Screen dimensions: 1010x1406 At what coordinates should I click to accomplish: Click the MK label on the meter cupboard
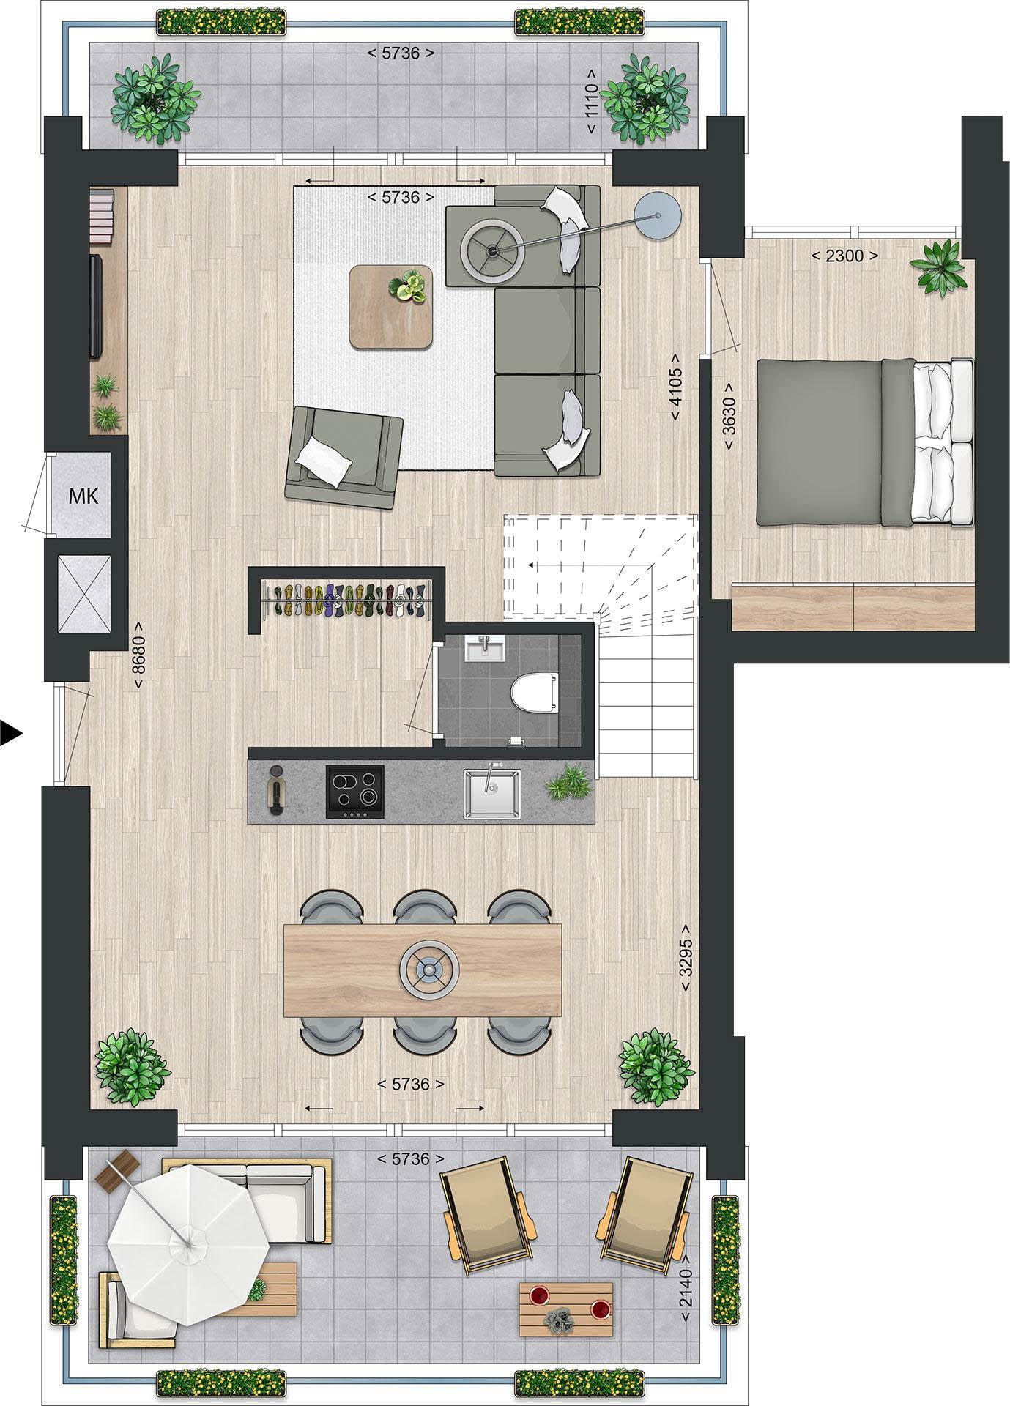pyautogui.click(x=83, y=496)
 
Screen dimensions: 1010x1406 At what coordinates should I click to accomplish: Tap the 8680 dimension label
pyautogui.click(x=139, y=655)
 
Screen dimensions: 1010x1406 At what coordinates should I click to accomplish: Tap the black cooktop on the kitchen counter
pyautogui.click(x=354, y=791)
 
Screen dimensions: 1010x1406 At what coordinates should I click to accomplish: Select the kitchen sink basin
pyautogui.click(x=491, y=794)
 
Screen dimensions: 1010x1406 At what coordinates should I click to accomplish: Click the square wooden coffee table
pyautogui.click(x=391, y=306)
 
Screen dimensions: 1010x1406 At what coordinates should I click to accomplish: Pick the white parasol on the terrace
pyautogui.click(x=187, y=1243)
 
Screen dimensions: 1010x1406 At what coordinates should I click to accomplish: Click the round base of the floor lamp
pyautogui.click(x=658, y=215)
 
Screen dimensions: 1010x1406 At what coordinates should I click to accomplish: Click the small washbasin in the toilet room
pyautogui.click(x=485, y=647)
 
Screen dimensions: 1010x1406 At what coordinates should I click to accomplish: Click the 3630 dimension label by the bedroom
pyautogui.click(x=729, y=416)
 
